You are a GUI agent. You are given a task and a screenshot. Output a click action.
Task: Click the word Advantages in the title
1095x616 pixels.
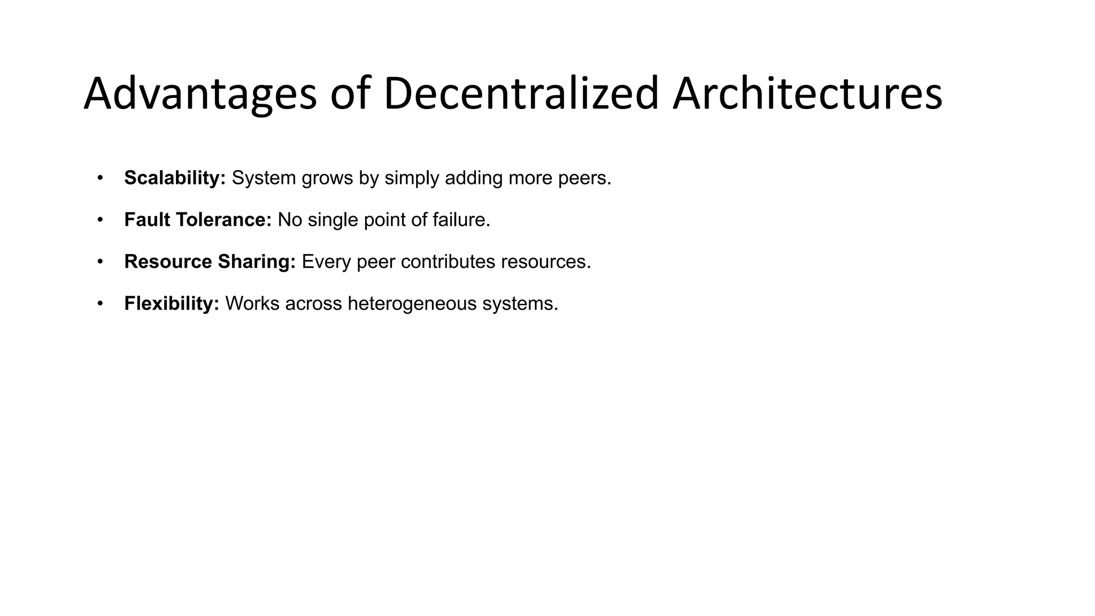pos(200,94)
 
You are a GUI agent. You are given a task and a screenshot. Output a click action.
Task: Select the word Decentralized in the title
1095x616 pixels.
pos(521,94)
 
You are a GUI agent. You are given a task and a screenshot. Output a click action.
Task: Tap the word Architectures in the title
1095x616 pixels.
pos(807,94)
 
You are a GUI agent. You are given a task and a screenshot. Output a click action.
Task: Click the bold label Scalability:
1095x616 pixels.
pos(175,178)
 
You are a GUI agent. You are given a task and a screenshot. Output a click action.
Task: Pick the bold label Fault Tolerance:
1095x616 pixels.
pos(198,220)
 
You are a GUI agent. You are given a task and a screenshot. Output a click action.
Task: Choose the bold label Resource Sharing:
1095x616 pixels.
pos(210,261)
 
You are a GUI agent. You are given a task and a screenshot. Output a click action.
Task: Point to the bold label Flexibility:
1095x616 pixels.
pos(172,303)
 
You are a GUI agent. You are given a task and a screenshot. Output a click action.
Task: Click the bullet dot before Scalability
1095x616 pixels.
pos(99,178)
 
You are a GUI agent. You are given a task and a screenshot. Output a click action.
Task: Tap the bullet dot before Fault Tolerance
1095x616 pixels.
pos(99,219)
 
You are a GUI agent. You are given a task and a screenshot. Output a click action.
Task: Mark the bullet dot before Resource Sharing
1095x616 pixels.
pos(99,261)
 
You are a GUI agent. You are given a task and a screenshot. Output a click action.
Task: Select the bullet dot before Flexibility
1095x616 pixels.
pos(99,303)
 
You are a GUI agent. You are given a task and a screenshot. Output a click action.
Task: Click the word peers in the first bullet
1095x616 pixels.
pos(584,178)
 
